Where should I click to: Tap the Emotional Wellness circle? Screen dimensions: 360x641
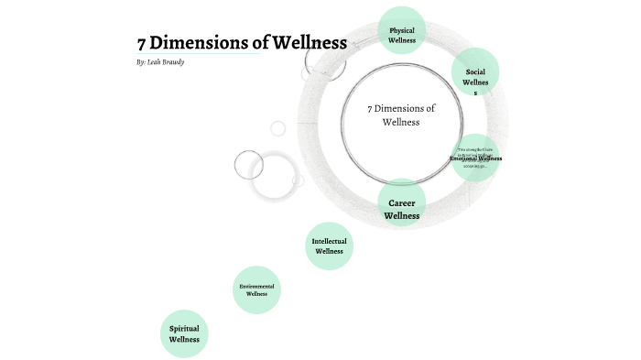point(475,158)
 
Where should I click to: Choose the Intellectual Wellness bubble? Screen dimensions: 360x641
point(328,246)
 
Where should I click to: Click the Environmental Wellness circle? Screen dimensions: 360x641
point(256,290)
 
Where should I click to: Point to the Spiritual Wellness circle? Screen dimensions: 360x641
point(184,333)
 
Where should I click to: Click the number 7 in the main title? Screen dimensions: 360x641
point(142,43)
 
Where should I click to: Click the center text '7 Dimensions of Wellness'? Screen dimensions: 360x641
point(401,115)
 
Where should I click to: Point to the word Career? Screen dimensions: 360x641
point(402,202)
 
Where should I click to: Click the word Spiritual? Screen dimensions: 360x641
point(184,328)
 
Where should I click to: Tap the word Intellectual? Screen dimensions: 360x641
point(329,241)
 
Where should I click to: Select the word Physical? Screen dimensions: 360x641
point(402,29)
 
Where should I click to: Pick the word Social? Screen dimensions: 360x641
point(475,71)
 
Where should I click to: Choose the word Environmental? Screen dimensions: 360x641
point(256,286)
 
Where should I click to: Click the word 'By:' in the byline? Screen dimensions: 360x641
point(141,63)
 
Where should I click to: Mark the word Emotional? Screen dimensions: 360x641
point(464,158)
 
